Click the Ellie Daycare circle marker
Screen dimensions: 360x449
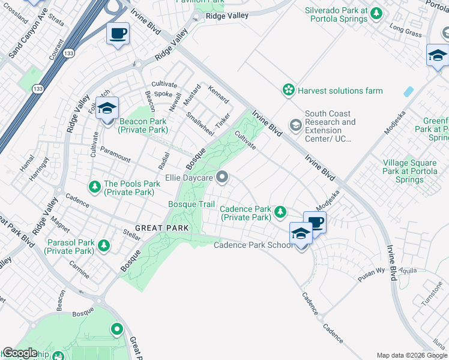tap(223, 176)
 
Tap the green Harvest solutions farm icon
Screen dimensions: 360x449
tap(289, 91)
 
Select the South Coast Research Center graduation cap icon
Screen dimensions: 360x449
tap(295, 125)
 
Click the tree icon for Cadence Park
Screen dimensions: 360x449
tap(280, 211)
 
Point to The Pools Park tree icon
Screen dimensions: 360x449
tap(94, 187)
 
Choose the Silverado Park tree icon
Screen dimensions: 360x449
tap(376, 13)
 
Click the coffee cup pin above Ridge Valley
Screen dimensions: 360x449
tap(118, 33)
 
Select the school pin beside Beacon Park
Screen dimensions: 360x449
tap(107, 109)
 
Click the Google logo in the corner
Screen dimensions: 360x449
tap(20, 353)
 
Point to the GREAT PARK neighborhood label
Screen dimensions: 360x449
tap(162, 228)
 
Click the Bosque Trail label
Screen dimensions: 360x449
tap(191, 205)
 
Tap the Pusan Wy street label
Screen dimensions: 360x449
tap(372, 272)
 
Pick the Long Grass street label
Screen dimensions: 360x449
tap(406, 31)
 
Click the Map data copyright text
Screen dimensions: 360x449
tap(412, 355)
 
